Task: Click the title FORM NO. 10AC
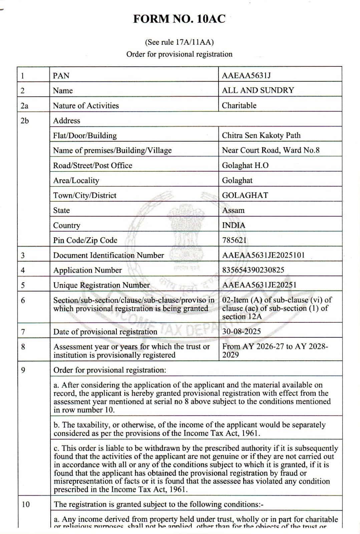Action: (179, 19)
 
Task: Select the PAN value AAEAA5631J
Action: (246, 75)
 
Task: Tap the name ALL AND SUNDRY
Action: (258, 90)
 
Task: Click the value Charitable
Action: (239, 105)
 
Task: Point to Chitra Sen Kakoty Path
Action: (261, 135)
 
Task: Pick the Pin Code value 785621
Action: (234, 240)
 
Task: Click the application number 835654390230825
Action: (253, 270)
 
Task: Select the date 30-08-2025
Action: (242, 331)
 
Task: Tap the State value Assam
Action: (233, 210)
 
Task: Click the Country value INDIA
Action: (234, 225)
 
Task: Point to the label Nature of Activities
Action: (86, 105)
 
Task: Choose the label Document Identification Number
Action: (108, 255)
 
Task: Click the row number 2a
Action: (24, 105)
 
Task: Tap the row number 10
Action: (26, 504)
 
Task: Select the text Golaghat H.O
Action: (245, 165)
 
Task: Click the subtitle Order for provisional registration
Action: (179, 54)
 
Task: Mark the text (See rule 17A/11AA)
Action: (179, 42)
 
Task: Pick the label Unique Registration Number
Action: (101, 285)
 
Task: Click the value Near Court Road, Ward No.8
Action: (271, 150)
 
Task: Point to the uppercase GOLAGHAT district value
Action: (245, 195)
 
